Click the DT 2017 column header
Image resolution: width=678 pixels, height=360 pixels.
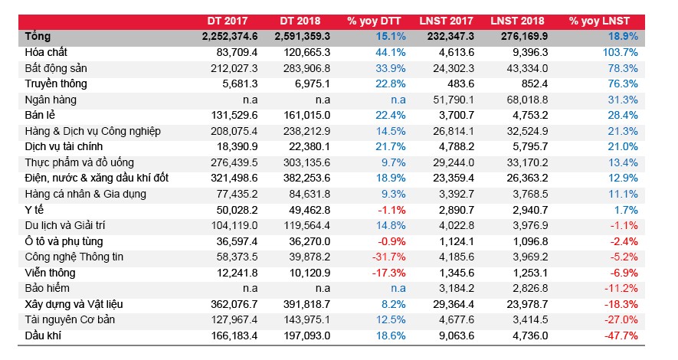click(228, 21)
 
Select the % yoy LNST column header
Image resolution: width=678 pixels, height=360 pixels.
click(599, 21)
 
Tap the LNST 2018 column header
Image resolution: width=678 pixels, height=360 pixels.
click(517, 21)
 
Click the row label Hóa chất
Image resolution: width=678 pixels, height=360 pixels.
click(46, 52)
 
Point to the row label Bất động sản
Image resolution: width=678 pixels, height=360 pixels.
click(56, 68)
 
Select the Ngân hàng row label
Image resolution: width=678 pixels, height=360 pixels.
click(51, 100)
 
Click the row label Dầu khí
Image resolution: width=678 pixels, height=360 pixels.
click(43, 335)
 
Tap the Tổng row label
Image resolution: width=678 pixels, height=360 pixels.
click(38, 37)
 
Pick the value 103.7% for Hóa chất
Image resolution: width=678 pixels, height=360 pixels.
click(621, 52)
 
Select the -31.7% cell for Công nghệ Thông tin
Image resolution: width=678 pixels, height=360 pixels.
click(388, 257)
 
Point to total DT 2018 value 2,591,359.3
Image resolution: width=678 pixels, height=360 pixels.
click(303, 37)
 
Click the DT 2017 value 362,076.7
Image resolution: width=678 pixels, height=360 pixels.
click(234, 304)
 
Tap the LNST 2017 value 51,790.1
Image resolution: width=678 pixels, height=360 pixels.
click(454, 100)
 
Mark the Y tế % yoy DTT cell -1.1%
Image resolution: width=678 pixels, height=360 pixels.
click(391, 210)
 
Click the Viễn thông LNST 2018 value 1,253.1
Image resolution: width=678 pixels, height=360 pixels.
click(530, 273)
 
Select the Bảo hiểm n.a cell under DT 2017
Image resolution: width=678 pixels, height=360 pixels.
click(250, 288)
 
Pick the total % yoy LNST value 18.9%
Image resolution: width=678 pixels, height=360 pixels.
click(623, 37)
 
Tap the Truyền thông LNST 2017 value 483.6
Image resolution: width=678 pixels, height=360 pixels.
click(460, 83)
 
